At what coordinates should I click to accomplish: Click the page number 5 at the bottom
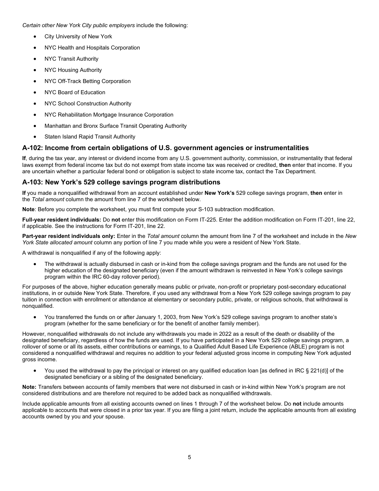click(189, 457)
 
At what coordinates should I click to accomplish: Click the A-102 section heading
click(165, 148)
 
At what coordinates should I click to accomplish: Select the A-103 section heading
click(121, 182)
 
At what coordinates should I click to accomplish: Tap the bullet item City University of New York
click(78, 36)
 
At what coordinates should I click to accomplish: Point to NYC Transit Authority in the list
click(71, 59)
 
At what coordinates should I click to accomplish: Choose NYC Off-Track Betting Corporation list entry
click(87, 81)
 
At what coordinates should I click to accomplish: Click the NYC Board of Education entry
click(75, 92)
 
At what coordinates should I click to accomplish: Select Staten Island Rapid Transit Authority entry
click(90, 137)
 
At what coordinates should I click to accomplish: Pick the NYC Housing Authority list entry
click(73, 70)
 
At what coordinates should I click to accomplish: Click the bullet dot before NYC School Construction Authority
click(36, 103)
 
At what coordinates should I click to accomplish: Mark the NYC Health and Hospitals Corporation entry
click(92, 48)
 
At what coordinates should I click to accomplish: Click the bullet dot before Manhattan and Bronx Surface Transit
click(36, 126)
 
